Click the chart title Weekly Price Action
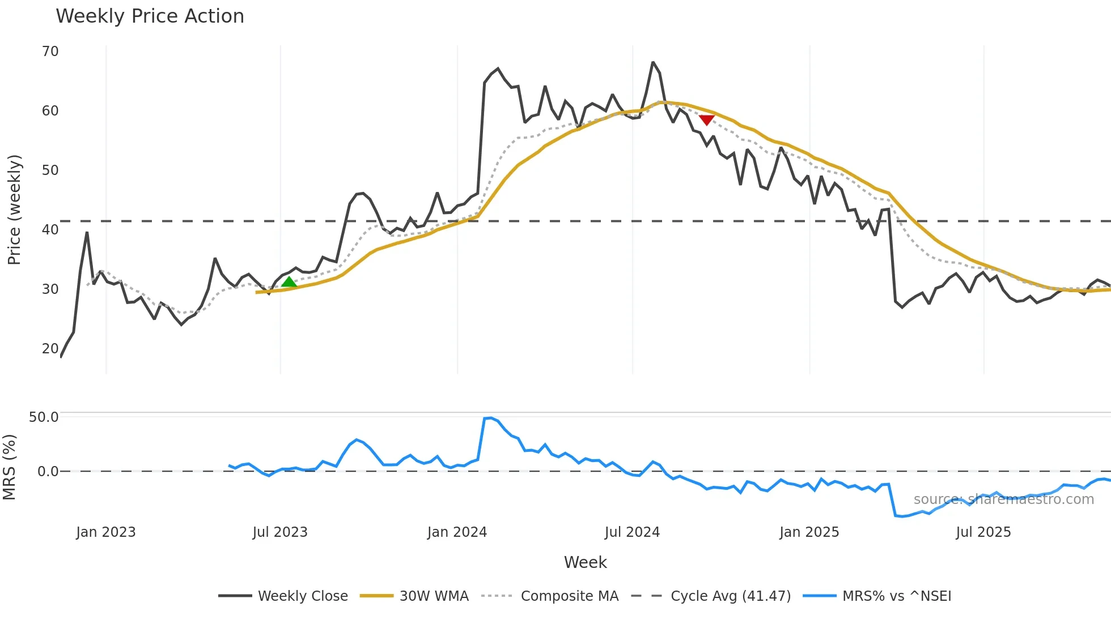(x=150, y=16)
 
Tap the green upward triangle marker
(x=289, y=282)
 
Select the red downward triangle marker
(x=706, y=119)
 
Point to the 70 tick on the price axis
(x=50, y=52)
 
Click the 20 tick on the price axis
(x=50, y=349)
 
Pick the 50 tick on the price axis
(x=50, y=170)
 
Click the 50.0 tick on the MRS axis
(x=44, y=417)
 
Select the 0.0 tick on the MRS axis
(x=48, y=472)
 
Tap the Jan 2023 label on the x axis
(x=106, y=532)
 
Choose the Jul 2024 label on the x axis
(x=632, y=532)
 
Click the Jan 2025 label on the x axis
(x=809, y=532)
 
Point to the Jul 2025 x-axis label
(x=983, y=532)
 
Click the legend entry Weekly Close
(x=303, y=596)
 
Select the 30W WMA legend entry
(x=434, y=596)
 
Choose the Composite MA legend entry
(x=569, y=596)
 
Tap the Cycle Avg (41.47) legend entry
(x=730, y=596)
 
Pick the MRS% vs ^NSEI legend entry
(x=897, y=596)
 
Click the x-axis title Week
(x=585, y=562)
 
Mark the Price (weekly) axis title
(x=14, y=210)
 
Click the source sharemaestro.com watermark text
(x=1003, y=499)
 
